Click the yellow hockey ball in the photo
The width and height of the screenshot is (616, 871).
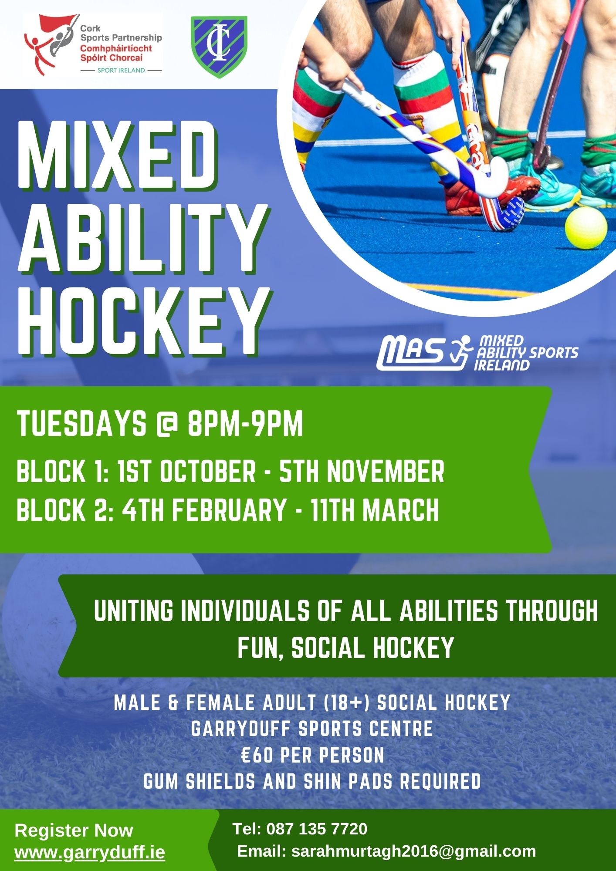(x=586, y=227)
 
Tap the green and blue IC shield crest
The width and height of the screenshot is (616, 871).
(x=219, y=47)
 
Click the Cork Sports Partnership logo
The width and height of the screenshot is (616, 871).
(x=93, y=45)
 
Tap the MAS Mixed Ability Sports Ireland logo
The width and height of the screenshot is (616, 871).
(x=477, y=353)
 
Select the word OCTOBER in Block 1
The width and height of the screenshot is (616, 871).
(x=208, y=471)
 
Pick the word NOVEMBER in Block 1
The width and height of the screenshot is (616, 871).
(x=386, y=471)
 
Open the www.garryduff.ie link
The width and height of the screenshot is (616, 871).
(x=90, y=852)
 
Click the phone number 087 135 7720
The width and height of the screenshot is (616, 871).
(x=317, y=829)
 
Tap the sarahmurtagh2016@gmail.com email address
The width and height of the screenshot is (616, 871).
(x=413, y=851)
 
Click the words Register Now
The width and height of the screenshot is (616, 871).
(x=74, y=830)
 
